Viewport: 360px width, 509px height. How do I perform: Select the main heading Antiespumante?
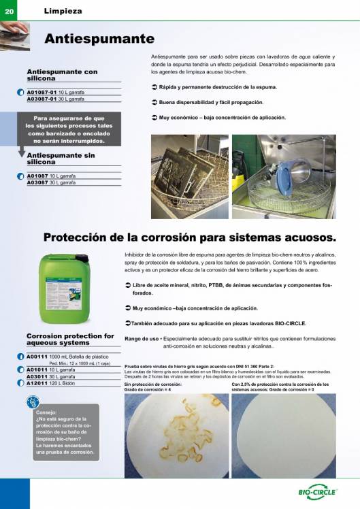[x=99, y=39]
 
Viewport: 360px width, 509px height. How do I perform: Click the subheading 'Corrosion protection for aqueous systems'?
[x=70, y=340]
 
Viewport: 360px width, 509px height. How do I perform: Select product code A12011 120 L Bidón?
[x=51, y=382]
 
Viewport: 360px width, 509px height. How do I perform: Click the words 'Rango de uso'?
[x=142, y=338]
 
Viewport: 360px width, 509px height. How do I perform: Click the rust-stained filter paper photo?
[x=175, y=436]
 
